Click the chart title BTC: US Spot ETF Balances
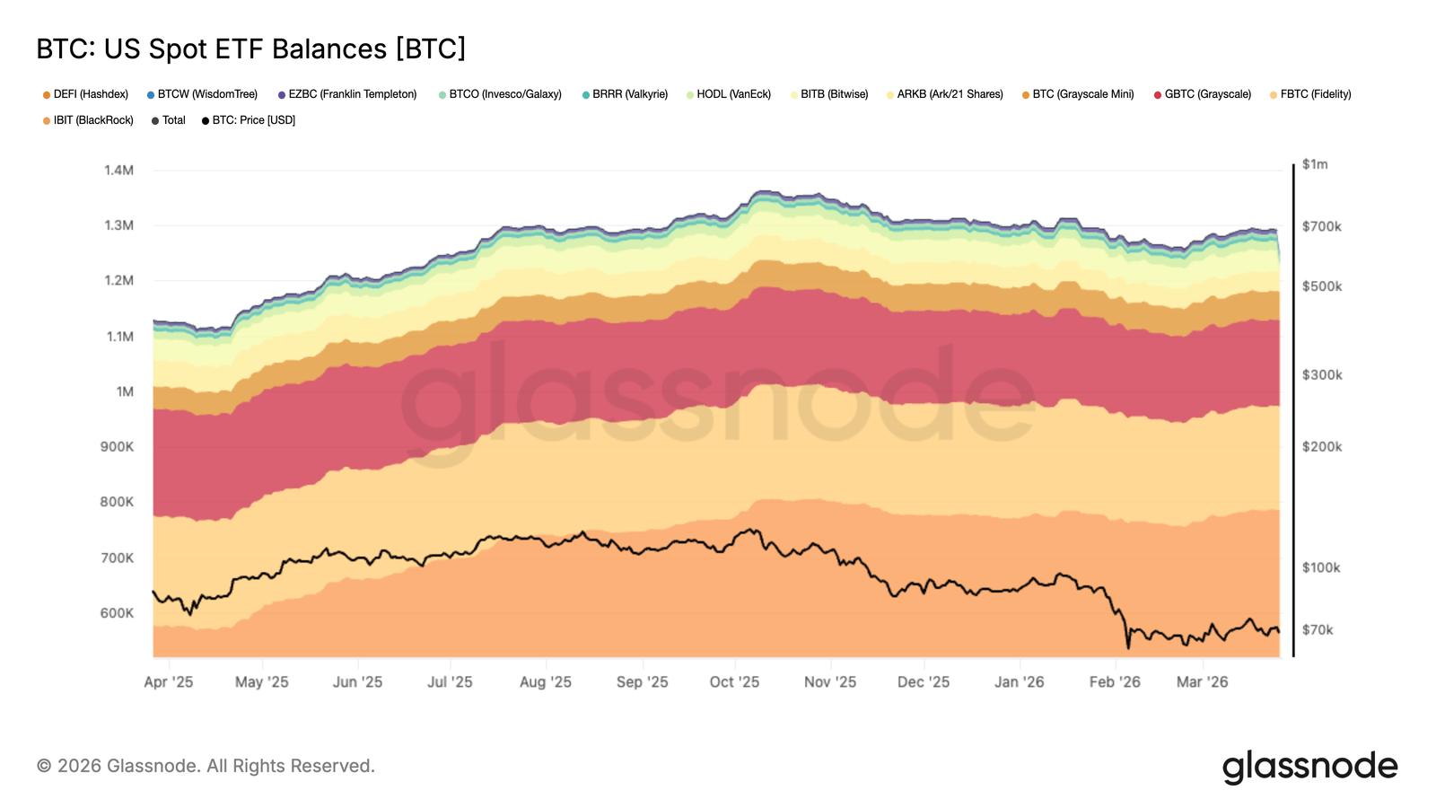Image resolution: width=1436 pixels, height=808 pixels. tap(250, 48)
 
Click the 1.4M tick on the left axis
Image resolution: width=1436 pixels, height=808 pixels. tap(118, 171)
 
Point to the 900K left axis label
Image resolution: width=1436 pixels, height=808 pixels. tap(117, 446)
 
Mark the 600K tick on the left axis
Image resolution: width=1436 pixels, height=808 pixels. tap(117, 613)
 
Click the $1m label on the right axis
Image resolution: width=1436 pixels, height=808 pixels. tap(1315, 164)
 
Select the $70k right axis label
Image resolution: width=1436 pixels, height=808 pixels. tap(1318, 630)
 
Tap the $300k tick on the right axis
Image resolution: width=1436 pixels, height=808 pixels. tap(1322, 375)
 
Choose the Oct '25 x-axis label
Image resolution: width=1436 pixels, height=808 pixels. tap(734, 682)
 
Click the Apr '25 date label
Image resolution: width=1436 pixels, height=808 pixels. tap(169, 682)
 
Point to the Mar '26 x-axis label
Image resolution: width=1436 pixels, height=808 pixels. tap(1202, 682)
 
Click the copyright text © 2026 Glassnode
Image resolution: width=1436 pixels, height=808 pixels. tap(206, 766)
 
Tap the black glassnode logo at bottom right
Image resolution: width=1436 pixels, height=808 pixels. tap(1309, 767)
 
